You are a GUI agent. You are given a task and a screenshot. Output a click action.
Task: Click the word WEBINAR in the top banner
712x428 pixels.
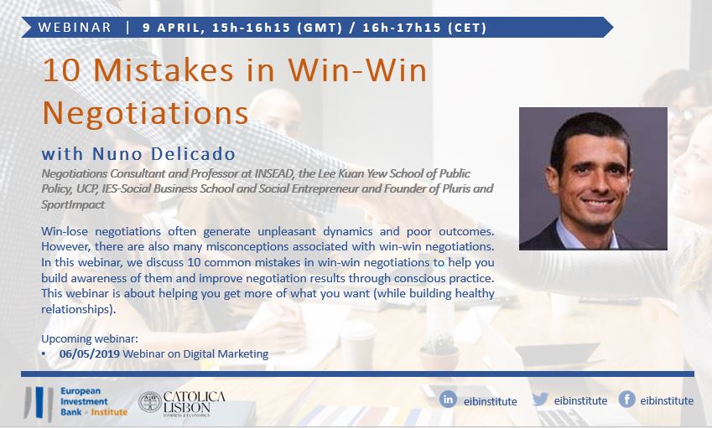75,27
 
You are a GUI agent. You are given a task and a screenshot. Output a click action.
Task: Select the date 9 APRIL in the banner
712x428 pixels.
171,28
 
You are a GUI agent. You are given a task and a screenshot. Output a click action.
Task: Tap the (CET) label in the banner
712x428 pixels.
467,28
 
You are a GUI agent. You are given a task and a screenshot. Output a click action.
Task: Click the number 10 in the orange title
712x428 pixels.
61,70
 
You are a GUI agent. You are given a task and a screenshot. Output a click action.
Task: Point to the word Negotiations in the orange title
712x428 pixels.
145,112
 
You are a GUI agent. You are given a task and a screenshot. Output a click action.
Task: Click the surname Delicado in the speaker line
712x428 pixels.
193,154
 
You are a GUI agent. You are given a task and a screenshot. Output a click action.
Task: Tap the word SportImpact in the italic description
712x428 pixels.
73,204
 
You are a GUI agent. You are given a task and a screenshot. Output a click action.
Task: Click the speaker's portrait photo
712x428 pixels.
593,178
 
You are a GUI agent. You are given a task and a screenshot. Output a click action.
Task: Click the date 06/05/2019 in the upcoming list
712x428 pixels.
90,353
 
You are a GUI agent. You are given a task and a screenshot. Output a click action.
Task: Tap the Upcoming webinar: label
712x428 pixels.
90,338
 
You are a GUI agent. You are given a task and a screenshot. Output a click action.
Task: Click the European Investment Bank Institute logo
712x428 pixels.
75,402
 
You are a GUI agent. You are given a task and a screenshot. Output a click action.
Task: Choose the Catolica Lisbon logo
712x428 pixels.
182,403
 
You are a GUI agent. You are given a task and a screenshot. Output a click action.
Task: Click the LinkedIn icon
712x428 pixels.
448,400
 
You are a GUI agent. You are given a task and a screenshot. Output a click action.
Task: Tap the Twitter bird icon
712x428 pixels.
540,400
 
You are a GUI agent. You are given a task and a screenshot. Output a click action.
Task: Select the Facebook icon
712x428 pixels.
626,400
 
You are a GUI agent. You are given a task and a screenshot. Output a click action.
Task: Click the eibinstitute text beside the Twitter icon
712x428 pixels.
580,401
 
